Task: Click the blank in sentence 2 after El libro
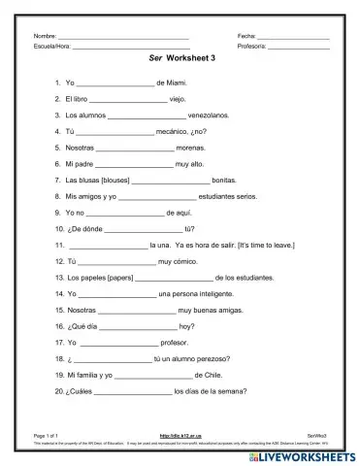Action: coord(121,99)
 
